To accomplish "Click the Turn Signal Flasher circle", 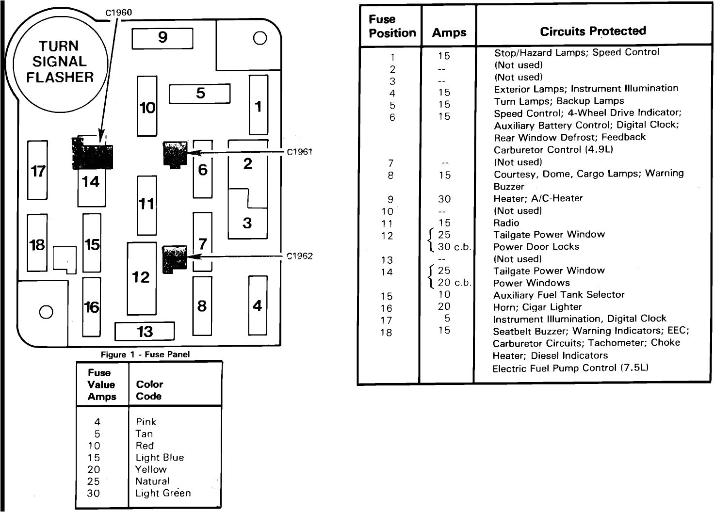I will click(x=60, y=62).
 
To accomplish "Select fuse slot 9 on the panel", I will click(x=162, y=38).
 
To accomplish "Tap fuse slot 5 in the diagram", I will click(x=199, y=94).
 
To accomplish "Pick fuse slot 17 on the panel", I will click(x=37, y=171).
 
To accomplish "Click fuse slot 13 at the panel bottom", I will click(x=145, y=332).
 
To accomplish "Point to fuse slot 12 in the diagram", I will click(x=142, y=278).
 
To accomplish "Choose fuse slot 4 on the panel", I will click(x=258, y=306).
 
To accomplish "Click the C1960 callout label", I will click(x=119, y=13).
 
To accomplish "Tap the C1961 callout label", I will click(x=299, y=152).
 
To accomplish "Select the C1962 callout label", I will click(x=299, y=256).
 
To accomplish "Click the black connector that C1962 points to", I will click(x=174, y=259).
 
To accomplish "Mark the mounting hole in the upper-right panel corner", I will click(x=260, y=38).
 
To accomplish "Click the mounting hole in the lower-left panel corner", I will click(x=46, y=312).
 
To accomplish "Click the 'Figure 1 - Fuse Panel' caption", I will click(x=145, y=354).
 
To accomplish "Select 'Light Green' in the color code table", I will click(x=163, y=493).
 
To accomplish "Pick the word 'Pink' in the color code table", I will click(x=146, y=422).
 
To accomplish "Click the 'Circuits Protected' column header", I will click(x=593, y=32).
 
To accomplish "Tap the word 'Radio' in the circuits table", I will click(x=506, y=223).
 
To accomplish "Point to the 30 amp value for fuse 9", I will click(x=444, y=199).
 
